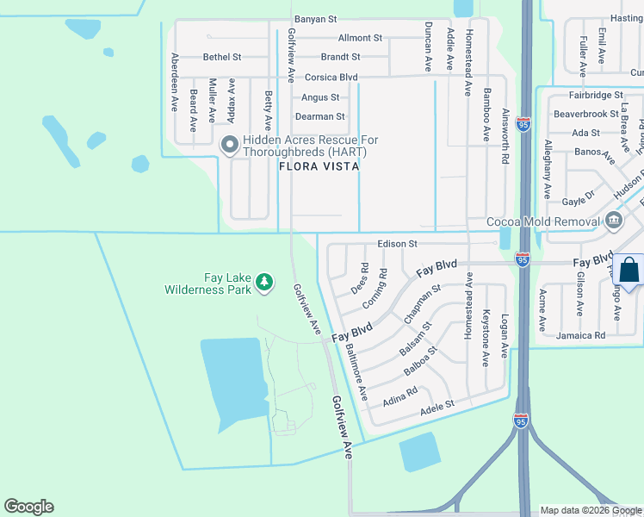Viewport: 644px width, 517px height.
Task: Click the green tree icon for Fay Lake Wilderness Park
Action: [x=265, y=281]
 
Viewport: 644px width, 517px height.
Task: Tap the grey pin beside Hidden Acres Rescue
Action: [x=229, y=145]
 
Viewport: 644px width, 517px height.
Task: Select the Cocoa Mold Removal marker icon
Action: [x=613, y=221]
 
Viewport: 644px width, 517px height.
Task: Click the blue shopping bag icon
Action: [x=629, y=270]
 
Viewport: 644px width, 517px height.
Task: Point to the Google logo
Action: [x=28, y=507]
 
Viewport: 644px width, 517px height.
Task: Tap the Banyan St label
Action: [x=316, y=18]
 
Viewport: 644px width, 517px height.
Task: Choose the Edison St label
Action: [x=397, y=244]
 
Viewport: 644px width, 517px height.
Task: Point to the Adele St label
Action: [x=437, y=405]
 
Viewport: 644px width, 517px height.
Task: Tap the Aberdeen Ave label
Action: [x=175, y=81]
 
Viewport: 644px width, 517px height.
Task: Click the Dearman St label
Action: [x=319, y=116]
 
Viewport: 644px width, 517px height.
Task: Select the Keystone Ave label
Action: [x=486, y=338]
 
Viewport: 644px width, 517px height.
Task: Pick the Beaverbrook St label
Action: [x=585, y=113]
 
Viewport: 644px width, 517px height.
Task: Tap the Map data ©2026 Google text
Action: [x=590, y=510]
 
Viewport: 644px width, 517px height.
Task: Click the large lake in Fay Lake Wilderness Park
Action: [x=231, y=379]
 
